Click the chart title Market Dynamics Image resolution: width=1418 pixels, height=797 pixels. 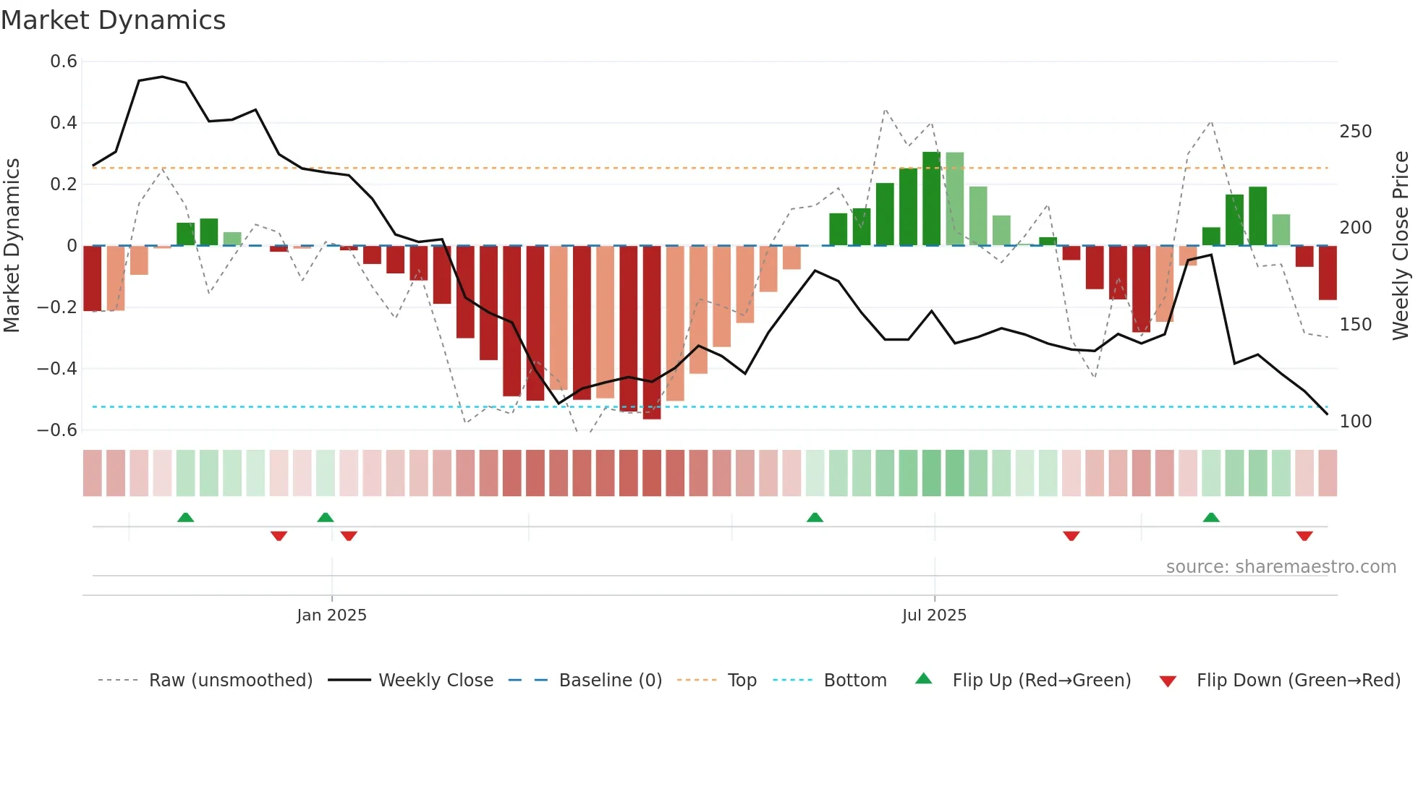[x=113, y=20]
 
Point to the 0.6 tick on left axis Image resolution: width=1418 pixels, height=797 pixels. [x=64, y=61]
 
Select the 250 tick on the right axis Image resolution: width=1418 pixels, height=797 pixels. [x=1355, y=132]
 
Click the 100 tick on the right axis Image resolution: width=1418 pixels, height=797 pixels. [x=1355, y=422]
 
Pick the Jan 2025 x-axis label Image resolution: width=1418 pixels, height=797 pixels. [x=331, y=615]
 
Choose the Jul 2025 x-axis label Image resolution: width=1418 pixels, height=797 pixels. [x=934, y=615]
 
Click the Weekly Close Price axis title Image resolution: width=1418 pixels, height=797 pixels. [x=1401, y=246]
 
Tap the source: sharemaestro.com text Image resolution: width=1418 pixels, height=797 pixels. [x=1281, y=567]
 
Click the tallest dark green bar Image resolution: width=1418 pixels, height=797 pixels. [x=931, y=199]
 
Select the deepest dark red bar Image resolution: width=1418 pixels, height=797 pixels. [x=652, y=333]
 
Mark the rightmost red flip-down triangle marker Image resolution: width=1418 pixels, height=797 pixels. [x=1304, y=536]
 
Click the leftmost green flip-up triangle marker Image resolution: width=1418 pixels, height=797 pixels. [x=186, y=517]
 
